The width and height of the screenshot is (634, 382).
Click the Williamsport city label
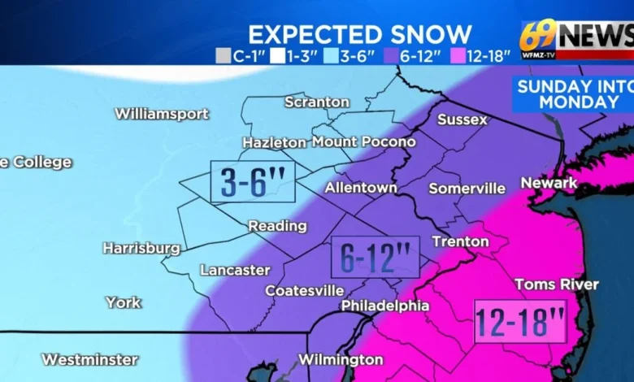(x=161, y=114)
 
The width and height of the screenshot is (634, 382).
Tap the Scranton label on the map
(x=317, y=102)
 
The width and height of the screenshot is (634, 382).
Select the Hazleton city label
(x=274, y=142)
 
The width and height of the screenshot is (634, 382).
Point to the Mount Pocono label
(x=363, y=142)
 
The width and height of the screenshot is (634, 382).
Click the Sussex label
(x=462, y=119)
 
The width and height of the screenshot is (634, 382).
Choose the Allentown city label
(x=361, y=188)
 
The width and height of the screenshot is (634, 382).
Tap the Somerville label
(x=467, y=188)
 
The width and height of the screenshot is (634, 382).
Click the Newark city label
(x=549, y=183)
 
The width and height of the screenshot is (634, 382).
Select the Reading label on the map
(x=277, y=226)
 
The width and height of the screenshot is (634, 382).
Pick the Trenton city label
(x=460, y=241)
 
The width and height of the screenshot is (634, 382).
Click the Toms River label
(x=557, y=284)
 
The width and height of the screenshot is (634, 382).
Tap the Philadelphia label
(x=384, y=306)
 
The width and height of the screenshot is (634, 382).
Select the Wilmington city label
(x=341, y=359)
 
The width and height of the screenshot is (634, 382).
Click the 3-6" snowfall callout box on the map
(x=252, y=182)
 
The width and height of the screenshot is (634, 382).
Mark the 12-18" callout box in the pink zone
(x=520, y=322)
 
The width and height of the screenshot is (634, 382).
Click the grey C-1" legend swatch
(x=224, y=56)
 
